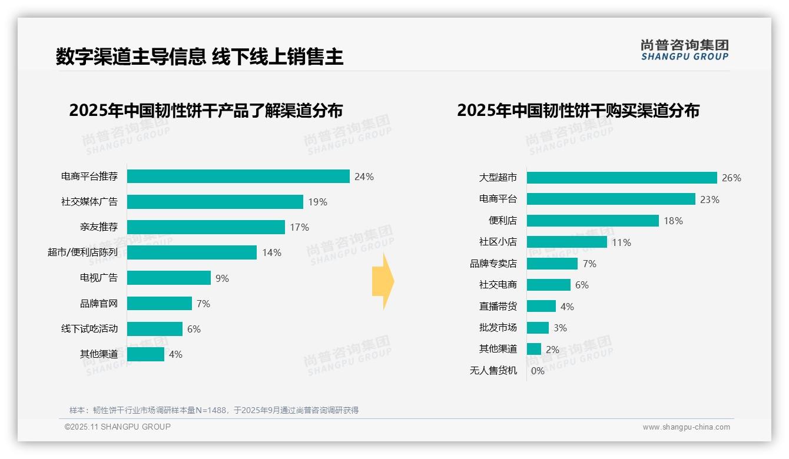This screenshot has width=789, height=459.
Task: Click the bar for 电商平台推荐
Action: pos(238,177)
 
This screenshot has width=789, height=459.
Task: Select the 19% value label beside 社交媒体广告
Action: pos(317,202)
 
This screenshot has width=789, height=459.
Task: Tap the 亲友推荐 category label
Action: pos(99,227)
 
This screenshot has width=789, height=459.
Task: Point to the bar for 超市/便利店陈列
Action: pos(192,252)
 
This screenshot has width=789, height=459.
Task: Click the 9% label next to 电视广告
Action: pos(222,278)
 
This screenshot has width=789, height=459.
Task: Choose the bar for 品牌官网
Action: pos(160,304)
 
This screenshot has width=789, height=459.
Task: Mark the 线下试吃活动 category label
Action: pos(89,329)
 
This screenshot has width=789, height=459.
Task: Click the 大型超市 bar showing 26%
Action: pos(622,178)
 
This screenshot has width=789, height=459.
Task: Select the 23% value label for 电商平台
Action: pos(710,199)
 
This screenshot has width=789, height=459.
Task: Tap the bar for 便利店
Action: pos(592,221)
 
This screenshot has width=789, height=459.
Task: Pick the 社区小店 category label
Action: pos(498,242)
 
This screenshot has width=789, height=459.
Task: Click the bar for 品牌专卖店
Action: pos(552,264)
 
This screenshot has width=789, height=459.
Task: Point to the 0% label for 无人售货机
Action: pos(538,371)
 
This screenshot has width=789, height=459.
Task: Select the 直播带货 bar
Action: pos(541,306)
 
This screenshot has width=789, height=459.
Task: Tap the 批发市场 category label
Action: pos(498,328)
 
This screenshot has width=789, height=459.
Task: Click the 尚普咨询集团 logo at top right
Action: pos(684,49)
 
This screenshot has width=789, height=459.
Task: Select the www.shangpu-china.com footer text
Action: pos(686,427)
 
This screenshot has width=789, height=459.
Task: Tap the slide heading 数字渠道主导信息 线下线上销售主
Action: pos(200,57)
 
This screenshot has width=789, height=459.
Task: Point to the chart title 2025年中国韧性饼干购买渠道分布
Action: pos(578,111)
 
